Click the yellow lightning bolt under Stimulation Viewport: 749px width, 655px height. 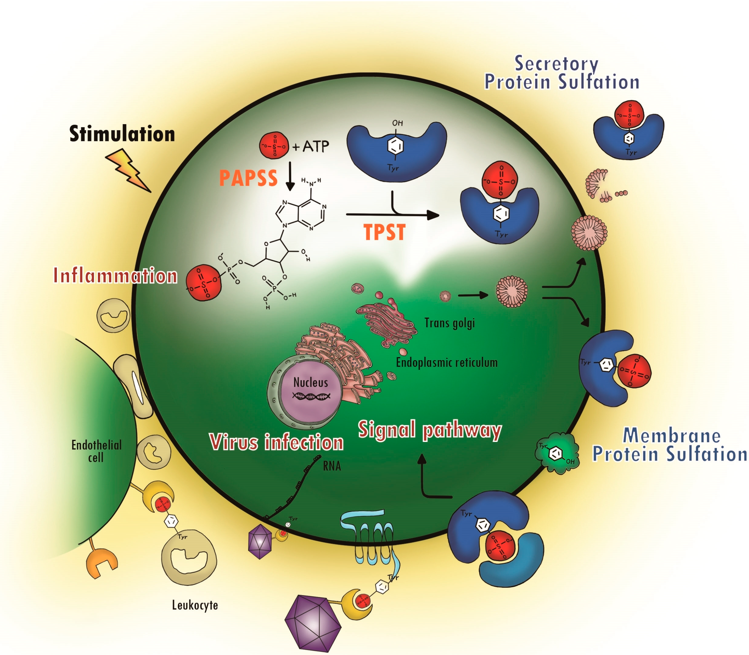click(128, 170)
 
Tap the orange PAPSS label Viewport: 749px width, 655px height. click(248, 178)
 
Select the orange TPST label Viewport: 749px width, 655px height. click(384, 232)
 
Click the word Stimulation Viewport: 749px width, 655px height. click(122, 134)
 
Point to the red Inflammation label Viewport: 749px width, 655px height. click(115, 275)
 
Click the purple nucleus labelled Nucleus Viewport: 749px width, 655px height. click(310, 391)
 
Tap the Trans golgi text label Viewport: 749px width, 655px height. click(449, 323)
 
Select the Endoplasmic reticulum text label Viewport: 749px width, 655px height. click(447, 362)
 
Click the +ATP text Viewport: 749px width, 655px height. click(311, 147)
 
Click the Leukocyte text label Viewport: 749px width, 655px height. click(195, 605)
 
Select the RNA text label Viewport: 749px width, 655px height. click(332, 466)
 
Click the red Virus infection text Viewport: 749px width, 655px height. click(276, 442)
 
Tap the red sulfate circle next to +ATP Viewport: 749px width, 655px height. click(274, 146)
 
